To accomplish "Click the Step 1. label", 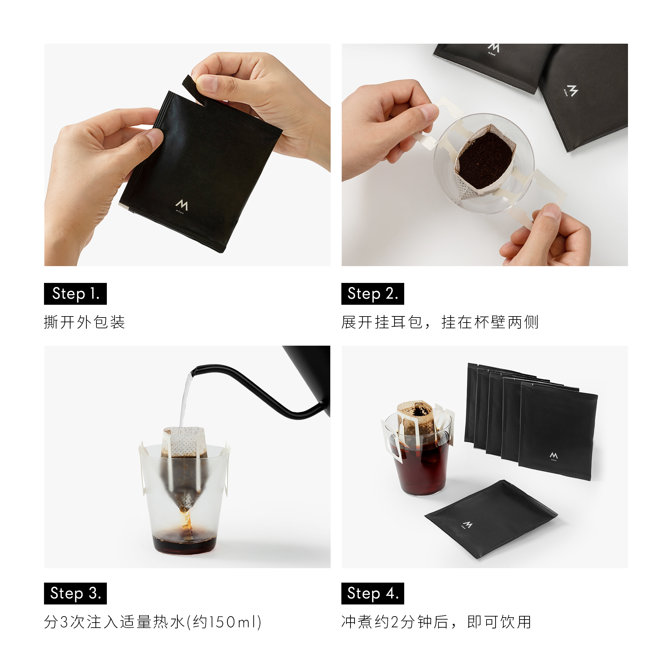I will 75,294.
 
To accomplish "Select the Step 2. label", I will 372,294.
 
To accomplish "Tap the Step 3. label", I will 75,593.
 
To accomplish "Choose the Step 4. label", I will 372,593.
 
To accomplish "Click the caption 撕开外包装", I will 84,322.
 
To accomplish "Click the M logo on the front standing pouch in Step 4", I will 553,456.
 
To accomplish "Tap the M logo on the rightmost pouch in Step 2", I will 572,91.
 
